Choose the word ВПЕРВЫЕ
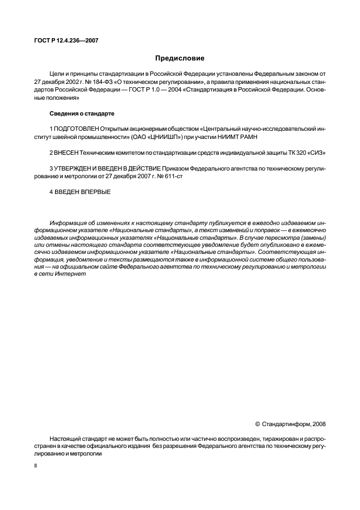click(x=96, y=191)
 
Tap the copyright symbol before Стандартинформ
click(x=257, y=423)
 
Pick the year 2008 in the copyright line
click(x=319, y=423)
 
